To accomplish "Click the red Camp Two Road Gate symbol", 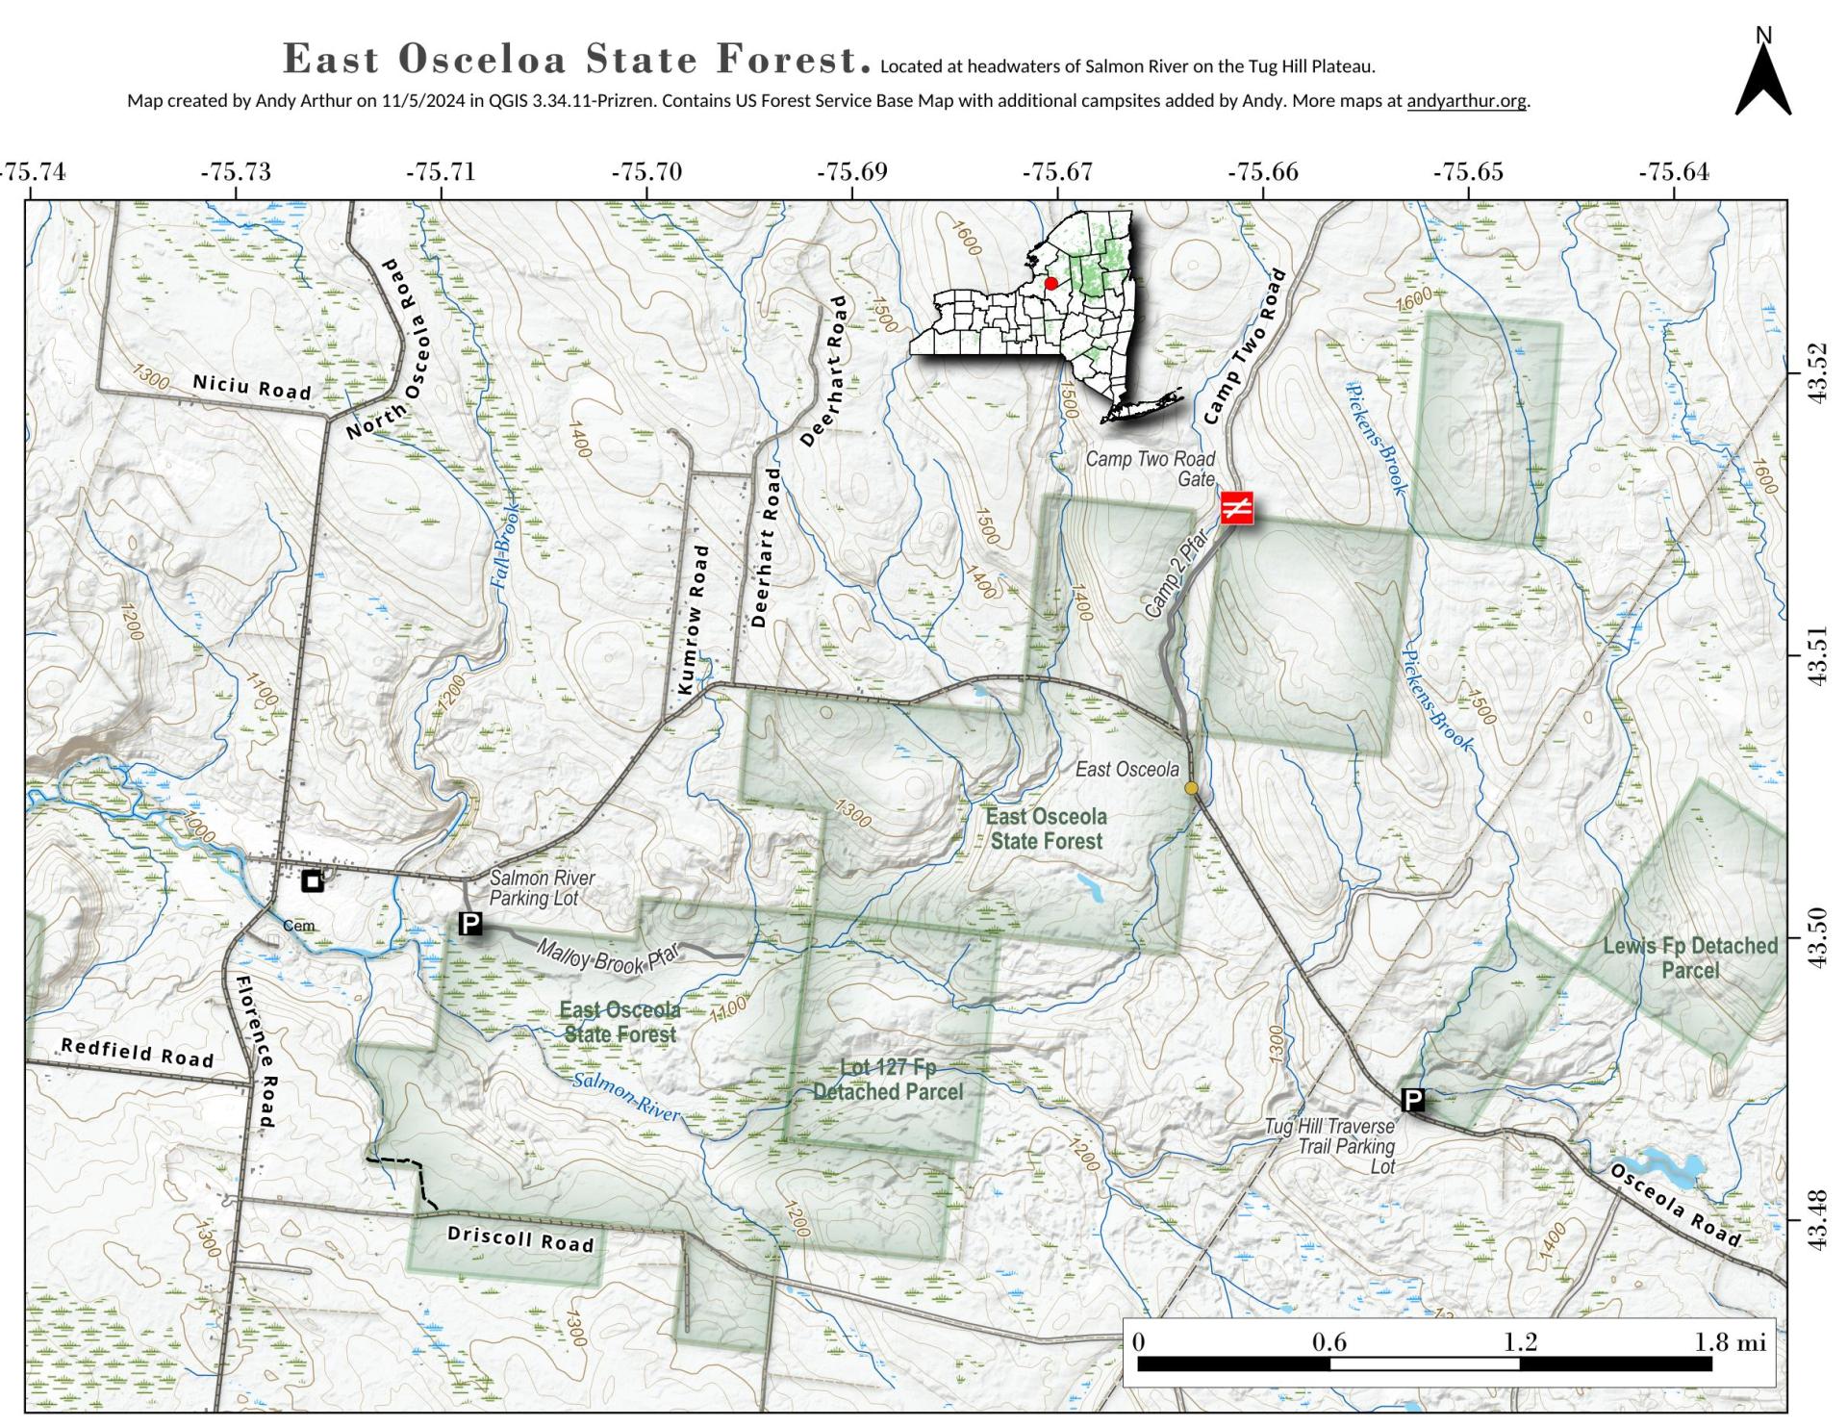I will tap(1236, 507).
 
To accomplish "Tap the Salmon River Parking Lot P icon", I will tap(470, 924).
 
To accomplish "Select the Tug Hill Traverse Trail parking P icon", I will tap(1412, 1100).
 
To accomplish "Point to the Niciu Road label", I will tap(252, 387).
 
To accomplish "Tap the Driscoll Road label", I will tap(520, 1238).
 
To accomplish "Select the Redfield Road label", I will tap(137, 1053).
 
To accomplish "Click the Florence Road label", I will tap(255, 1051).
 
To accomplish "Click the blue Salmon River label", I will tap(626, 1096).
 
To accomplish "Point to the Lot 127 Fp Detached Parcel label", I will tap(887, 1080).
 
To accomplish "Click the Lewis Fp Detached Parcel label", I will tap(1689, 957).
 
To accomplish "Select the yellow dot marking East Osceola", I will tap(1191, 788).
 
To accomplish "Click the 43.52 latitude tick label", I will tap(1817, 373).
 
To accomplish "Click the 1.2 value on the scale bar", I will tap(1520, 1341).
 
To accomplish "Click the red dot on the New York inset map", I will tap(1050, 284).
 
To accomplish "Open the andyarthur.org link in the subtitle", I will tap(1466, 101).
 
